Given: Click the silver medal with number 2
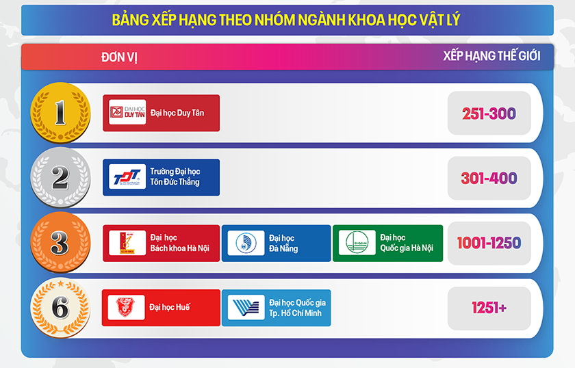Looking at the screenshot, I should (60, 178).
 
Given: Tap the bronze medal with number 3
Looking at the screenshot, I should (60, 243).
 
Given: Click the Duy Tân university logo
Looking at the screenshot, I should (127, 113).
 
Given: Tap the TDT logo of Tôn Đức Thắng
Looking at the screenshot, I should (127, 177).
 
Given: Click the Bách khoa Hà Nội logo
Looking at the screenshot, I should (127, 243).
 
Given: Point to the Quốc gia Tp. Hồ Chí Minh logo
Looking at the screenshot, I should (245, 308).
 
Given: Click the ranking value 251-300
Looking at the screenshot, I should (489, 114).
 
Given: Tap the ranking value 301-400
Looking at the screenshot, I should (489, 179).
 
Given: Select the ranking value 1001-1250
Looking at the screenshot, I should (489, 243).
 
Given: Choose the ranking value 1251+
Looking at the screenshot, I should (489, 308).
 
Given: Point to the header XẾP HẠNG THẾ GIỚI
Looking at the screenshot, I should (491, 56).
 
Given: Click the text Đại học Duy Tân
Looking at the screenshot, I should (177, 113).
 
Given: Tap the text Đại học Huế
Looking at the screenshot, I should (170, 307).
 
